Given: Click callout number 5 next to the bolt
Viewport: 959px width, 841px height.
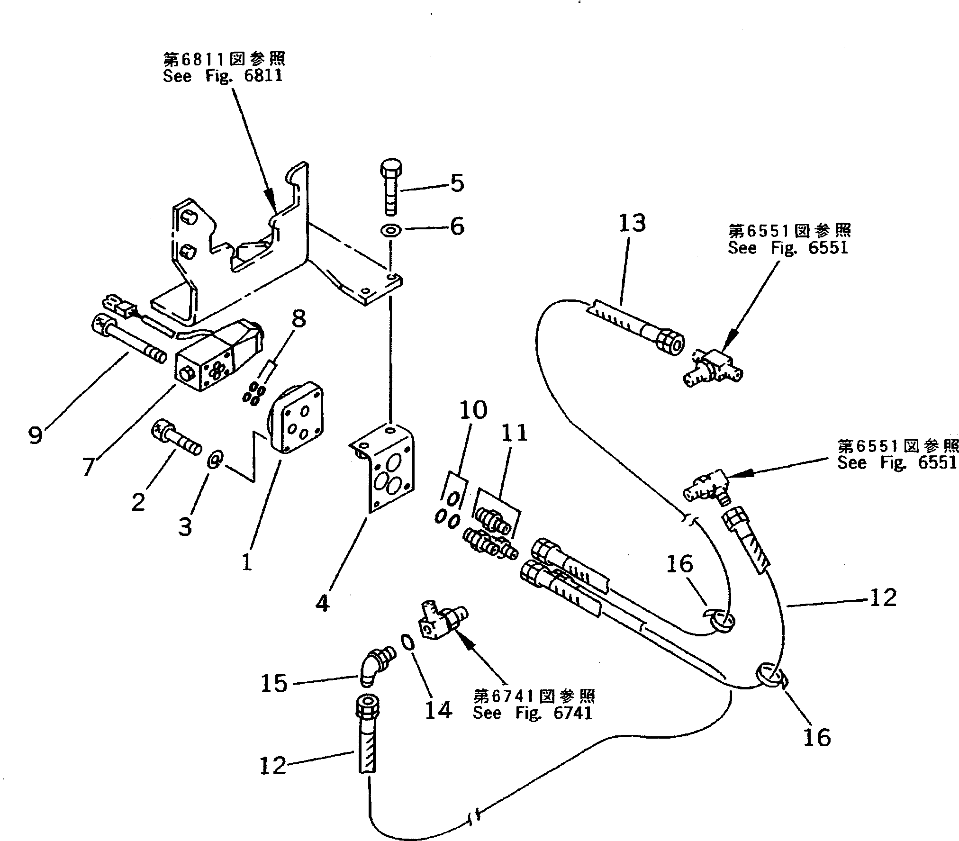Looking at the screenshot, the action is (x=456, y=183).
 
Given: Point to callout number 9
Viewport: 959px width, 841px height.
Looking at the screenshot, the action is (x=35, y=435).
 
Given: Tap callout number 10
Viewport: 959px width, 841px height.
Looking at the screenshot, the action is (x=473, y=410).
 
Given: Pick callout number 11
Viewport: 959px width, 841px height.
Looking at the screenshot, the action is (x=515, y=433).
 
